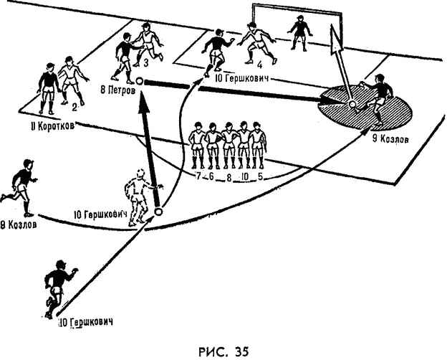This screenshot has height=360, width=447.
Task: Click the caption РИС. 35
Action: pyautogui.click(x=223, y=351)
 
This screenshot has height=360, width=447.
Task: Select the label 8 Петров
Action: pyautogui.click(x=119, y=91)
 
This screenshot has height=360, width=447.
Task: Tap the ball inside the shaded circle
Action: pyautogui.click(x=352, y=105)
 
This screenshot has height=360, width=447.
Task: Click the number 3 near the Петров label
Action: pyautogui.click(x=145, y=64)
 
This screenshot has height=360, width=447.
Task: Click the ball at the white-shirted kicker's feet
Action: pyautogui.click(x=158, y=211)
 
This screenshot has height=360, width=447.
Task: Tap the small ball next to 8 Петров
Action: pyautogui.click(x=140, y=82)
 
